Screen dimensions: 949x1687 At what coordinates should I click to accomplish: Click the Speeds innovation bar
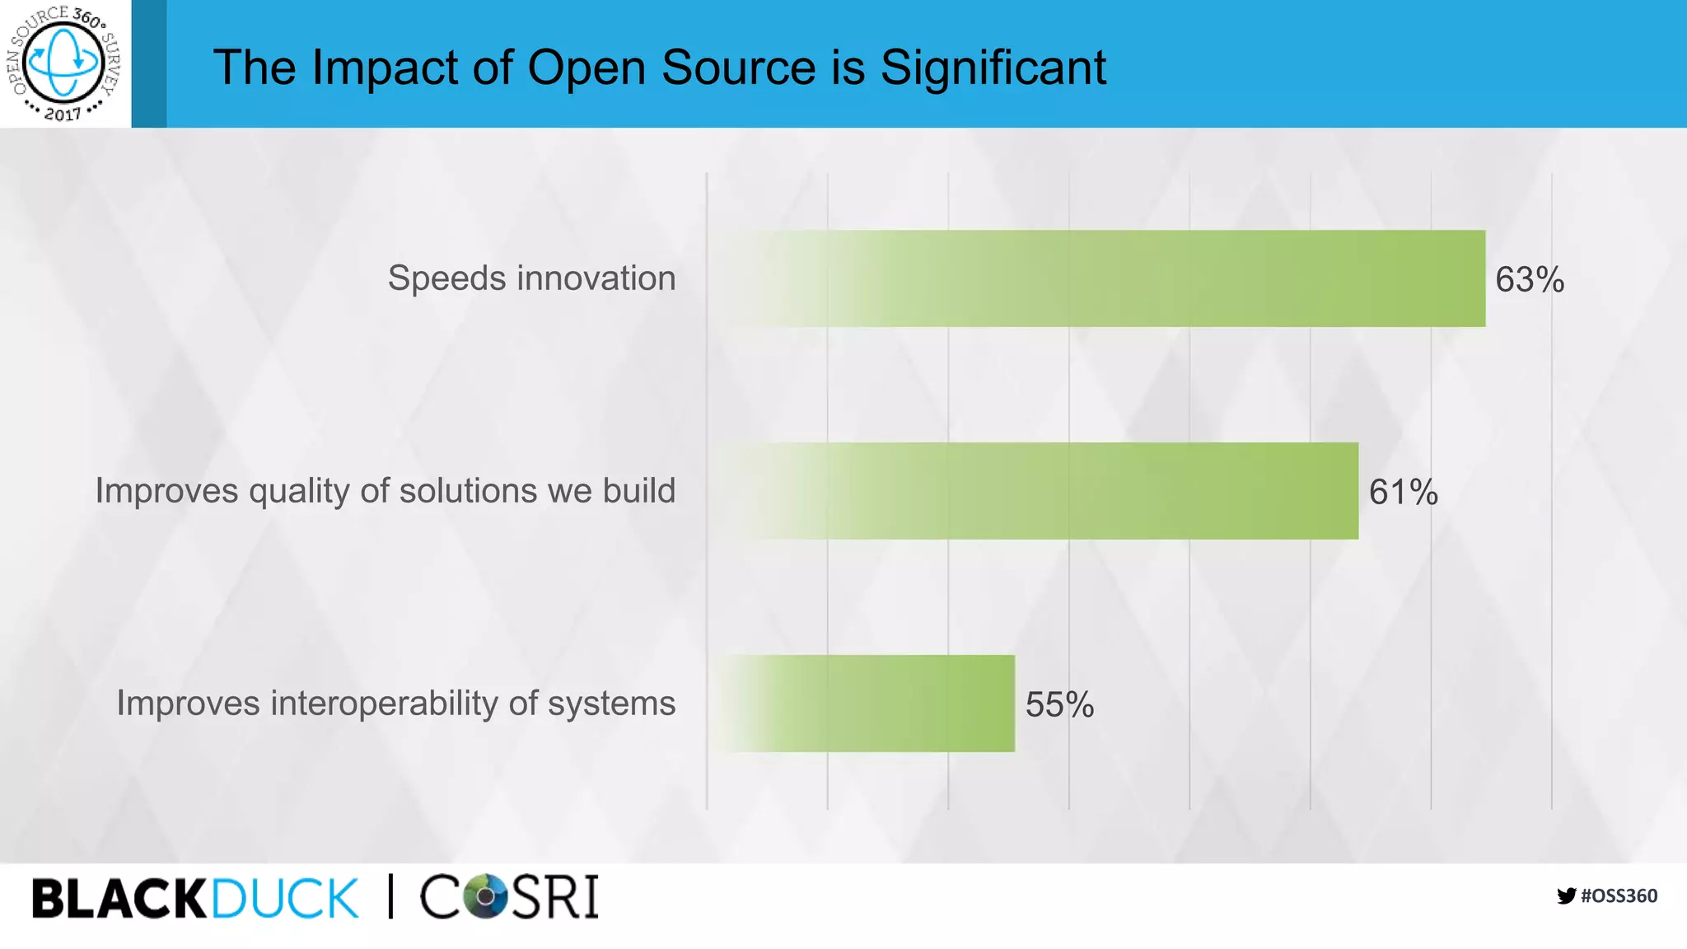point(1104,278)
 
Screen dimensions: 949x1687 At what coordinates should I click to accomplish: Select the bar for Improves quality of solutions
point(1038,491)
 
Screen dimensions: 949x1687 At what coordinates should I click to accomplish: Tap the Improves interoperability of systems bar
point(865,704)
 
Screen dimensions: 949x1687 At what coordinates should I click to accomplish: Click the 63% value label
point(1529,280)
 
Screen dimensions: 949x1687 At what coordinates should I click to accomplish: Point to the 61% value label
point(1403,493)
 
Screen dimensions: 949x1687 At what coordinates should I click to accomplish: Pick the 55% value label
point(1059,705)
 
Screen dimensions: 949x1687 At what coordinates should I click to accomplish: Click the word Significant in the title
point(993,67)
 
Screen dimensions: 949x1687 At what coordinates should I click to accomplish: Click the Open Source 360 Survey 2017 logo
point(64,63)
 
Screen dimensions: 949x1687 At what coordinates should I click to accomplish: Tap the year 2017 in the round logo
point(63,114)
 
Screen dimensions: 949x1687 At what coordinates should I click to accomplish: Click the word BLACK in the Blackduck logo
point(119,898)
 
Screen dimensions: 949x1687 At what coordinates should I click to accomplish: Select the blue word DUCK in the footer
point(285,898)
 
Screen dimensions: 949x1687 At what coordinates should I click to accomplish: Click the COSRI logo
point(509,896)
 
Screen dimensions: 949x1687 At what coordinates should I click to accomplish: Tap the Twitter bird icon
point(1566,896)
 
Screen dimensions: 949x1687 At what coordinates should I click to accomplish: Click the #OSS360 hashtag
point(1619,896)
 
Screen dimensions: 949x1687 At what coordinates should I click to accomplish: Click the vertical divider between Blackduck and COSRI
point(390,896)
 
